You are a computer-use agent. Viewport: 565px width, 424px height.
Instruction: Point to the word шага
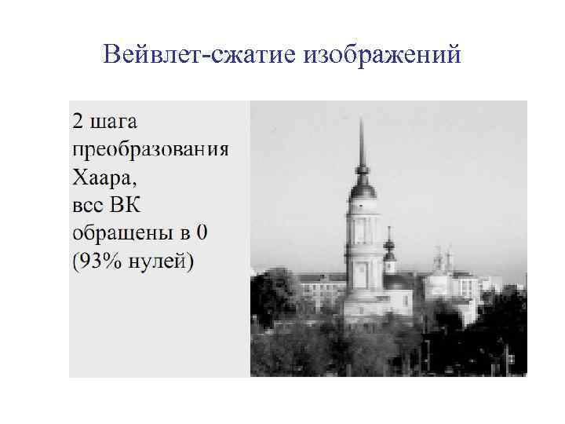(115, 124)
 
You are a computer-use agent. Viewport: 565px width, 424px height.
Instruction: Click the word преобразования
(150, 151)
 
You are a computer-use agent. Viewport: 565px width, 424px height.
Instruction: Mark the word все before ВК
(88, 206)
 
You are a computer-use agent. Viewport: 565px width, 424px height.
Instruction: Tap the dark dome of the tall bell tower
(362, 188)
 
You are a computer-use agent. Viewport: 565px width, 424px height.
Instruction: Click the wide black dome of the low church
(397, 280)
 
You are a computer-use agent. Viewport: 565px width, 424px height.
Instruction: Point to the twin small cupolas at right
(444, 259)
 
